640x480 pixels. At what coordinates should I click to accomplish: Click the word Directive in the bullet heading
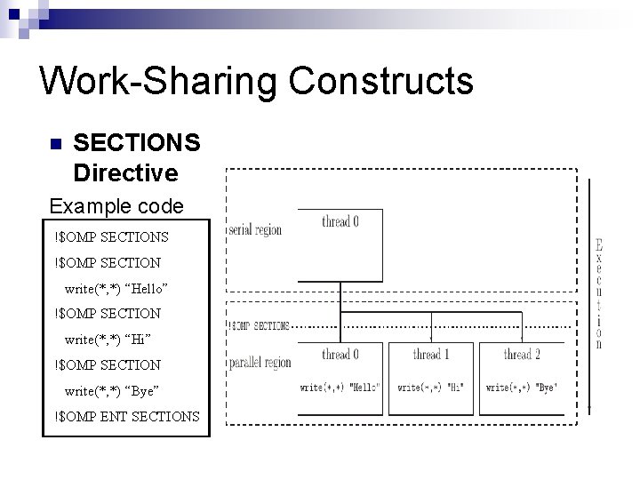(x=125, y=171)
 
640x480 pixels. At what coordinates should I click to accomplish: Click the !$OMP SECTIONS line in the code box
(x=111, y=236)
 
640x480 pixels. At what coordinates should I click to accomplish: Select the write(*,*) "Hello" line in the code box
(x=116, y=289)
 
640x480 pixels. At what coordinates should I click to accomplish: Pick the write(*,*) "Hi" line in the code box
(x=108, y=340)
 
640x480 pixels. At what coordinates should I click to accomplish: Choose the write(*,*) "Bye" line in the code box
(x=112, y=391)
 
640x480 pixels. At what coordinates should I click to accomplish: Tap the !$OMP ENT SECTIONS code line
(x=126, y=417)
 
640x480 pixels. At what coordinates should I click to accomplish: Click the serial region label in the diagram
(x=255, y=230)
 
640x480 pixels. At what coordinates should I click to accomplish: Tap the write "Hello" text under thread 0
(x=340, y=388)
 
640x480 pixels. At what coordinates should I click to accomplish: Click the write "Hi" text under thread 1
(x=430, y=388)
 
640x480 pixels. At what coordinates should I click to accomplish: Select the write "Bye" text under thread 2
(x=521, y=388)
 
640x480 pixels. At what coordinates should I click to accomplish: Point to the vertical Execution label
(x=599, y=293)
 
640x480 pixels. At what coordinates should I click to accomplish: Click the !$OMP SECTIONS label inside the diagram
(x=259, y=326)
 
